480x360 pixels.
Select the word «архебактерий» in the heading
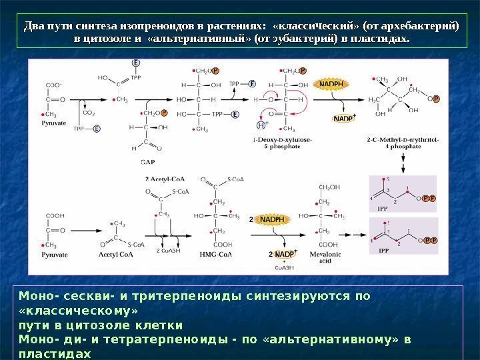pos(421,26)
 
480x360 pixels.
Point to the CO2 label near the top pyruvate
pos(88,113)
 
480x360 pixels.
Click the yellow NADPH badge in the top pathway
pos(331,85)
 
